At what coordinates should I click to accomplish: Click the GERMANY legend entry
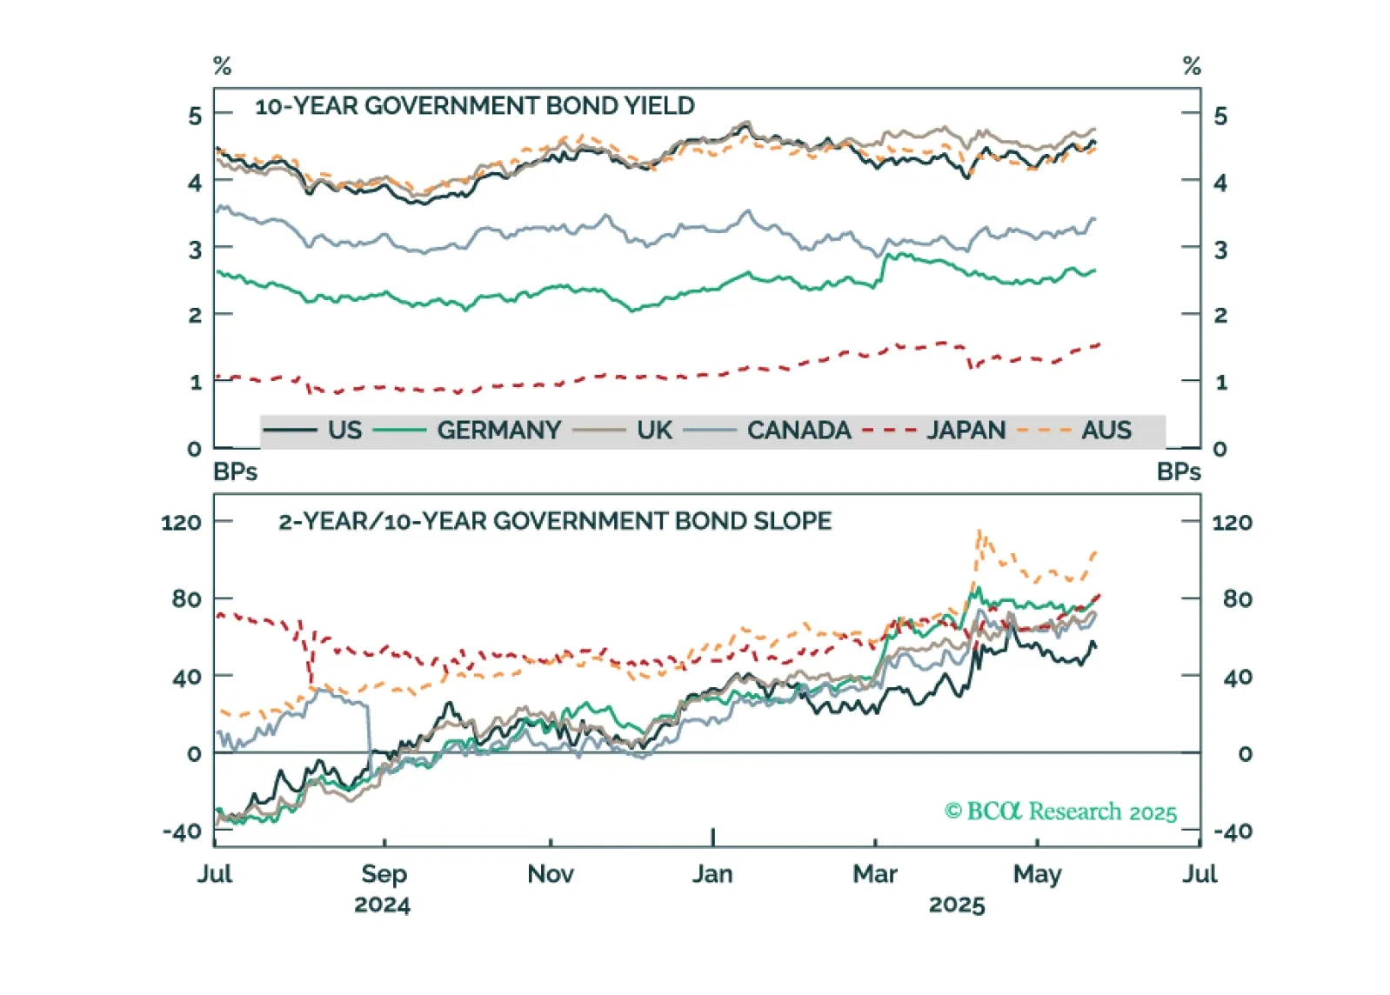498,431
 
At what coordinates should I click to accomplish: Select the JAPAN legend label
966,431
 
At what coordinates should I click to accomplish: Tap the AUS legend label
1106,431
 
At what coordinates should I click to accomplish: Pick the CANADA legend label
799,431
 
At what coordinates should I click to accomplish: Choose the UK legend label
654,431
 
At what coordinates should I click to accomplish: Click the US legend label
344,431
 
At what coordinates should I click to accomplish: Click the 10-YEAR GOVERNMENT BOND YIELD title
475,106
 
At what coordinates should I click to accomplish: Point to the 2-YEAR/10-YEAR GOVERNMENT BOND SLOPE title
555,521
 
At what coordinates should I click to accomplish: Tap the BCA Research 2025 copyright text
1060,811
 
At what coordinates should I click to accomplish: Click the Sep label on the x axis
384,873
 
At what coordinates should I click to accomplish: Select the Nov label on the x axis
551,873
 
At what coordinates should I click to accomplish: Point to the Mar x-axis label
875,873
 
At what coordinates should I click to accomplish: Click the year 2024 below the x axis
382,905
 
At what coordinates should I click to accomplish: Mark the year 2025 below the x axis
957,905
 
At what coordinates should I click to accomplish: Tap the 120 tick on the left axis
181,523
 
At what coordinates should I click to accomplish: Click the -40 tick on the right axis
1233,831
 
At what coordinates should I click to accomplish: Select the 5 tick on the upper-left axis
195,116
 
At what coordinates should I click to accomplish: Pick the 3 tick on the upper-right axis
1220,250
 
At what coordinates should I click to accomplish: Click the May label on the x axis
1037,874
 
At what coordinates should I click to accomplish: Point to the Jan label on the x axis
712,873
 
